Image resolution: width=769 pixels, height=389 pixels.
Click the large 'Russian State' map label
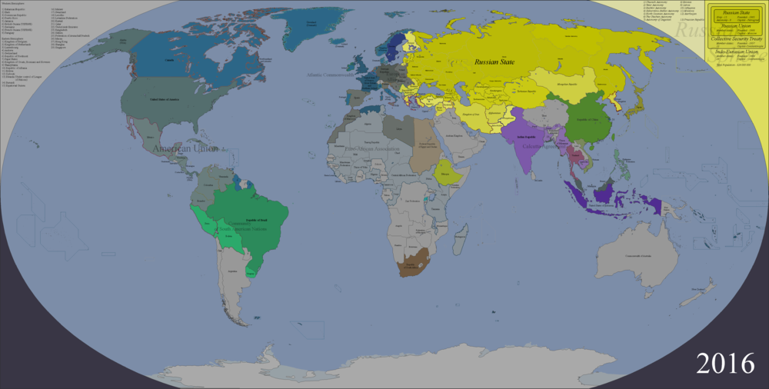[x=498, y=62]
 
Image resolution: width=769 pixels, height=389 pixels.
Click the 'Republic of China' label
[x=585, y=119]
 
